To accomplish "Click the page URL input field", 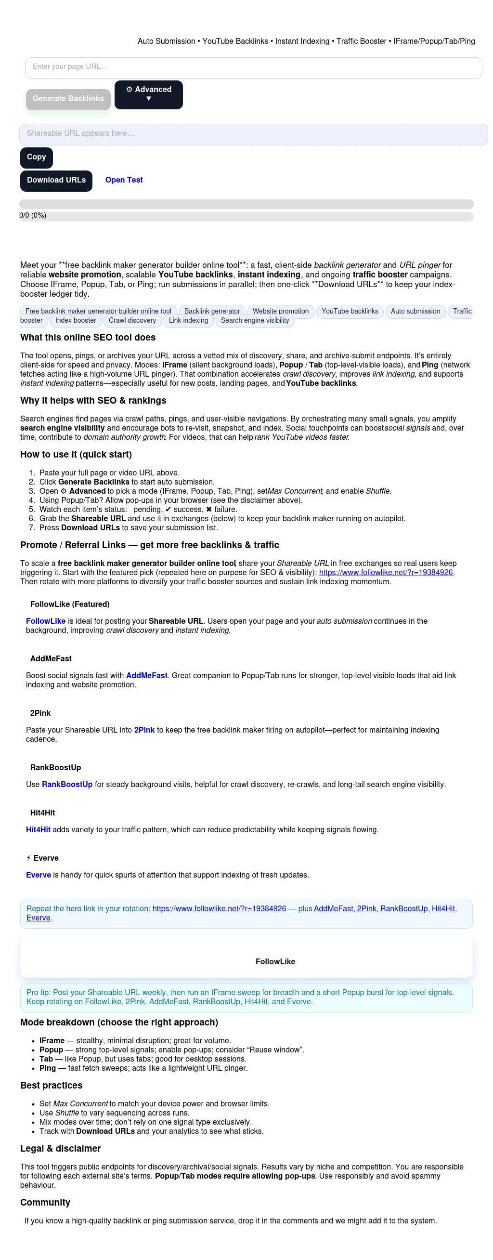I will click(x=253, y=67).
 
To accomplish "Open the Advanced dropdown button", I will click(x=148, y=94).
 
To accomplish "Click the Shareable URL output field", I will click(x=253, y=134).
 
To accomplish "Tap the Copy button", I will click(x=36, y=157).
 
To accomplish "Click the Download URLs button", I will click(x=56, y=181).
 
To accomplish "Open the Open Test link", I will click(x=124, y=180).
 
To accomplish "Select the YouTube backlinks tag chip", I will click(x=350, y=312).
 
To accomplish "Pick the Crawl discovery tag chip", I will click(x=132, y=321).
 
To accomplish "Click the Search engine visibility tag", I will click(x=255, y=321).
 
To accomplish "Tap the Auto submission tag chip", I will click(x=415, y=312).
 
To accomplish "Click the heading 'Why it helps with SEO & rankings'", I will click(x=93, y=401).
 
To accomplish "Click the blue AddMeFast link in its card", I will click(x=146, y=675).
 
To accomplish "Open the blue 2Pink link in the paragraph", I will click(x=144, y=730).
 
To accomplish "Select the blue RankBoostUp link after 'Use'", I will click(x=67, y=784).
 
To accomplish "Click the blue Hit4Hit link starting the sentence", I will click(x=38, y=829).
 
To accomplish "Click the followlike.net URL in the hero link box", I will click(x=219, y=908).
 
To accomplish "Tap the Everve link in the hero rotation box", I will click(x=38, y=918).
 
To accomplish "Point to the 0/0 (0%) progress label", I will click(x=33, y=216).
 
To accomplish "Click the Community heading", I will click(x=45, y=1202).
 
